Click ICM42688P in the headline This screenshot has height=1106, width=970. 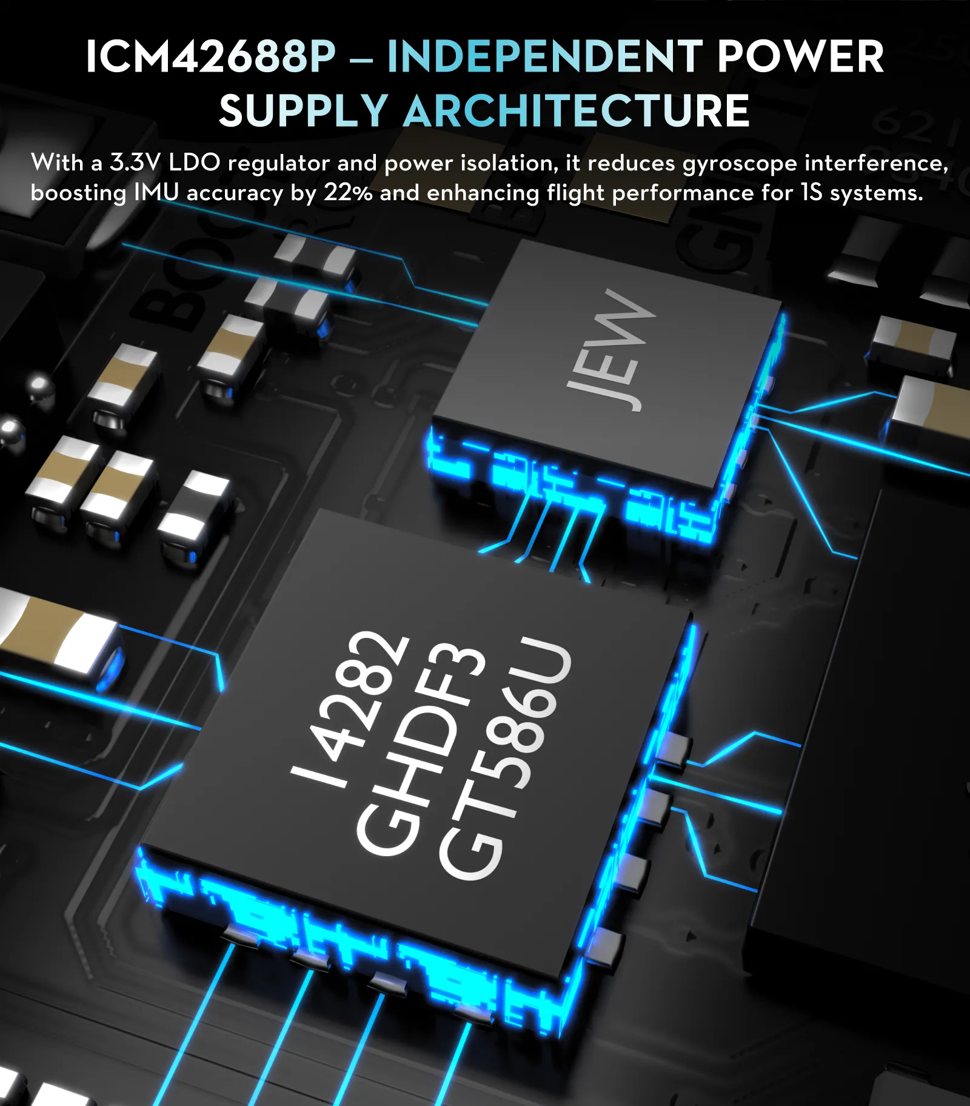click(210, 57)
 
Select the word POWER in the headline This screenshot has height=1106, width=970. click(800, 57)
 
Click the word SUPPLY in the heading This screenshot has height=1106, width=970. click(303, 111)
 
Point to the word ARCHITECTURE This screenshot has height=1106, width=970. click(577, 111)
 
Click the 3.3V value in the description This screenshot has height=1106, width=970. click(135, 163)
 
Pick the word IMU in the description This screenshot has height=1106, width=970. click(156, 193)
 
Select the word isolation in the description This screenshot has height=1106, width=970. click(509, 163)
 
